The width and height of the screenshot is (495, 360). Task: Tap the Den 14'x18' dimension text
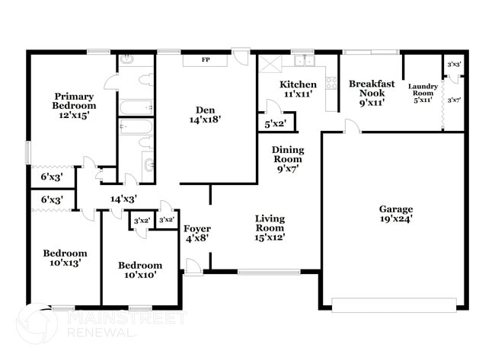coord(205,119)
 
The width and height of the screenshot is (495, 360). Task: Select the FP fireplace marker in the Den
coord(206,59)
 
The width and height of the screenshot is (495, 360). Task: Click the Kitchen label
coord(293,84)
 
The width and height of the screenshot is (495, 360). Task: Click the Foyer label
coord(197,228)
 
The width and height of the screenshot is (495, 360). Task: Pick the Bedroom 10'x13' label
coord(64,253)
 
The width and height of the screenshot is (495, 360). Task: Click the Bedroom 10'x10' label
coord(140,266)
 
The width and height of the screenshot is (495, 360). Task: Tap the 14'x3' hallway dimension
coord(123,198)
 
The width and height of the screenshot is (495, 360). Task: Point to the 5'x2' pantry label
coord(275,123)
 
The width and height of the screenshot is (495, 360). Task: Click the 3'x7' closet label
coord(455,100)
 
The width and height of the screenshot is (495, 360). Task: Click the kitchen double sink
coord(302,60)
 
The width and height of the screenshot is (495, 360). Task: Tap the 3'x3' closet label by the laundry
coord(455,65)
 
